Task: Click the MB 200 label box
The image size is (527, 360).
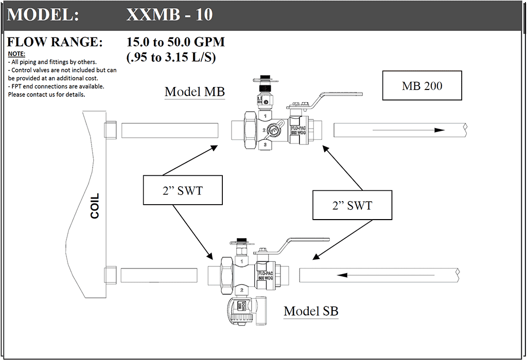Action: pyautogui.click(x=422, y=85)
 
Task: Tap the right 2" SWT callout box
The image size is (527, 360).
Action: pyautogui.click(x=352, y=205)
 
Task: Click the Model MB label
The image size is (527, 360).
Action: pyautogui.click(x=195, y=92)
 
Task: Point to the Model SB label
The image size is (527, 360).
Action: pyautogui.click(x=311, y=311)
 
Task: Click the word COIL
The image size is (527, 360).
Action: pyautogui.click(x=95, y=206)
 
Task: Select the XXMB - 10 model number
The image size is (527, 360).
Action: pyautogui.click(x=169, y=15)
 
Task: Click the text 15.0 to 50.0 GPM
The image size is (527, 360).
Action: pyautogui.click(x=175, y=42)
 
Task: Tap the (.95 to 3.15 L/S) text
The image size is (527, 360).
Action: pyautogui.click(x=171, y=57)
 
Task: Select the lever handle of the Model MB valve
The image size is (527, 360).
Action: pyautogui.click(x=340, y=96)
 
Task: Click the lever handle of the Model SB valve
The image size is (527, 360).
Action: pyautogui.click(x=306, y=240)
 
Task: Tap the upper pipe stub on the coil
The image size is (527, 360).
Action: pyautogui.click(x=111, y=130)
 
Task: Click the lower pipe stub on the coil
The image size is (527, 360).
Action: pyautogui.click(x=111, y=275)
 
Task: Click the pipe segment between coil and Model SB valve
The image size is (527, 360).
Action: pyautogui.click(x=159, y=276)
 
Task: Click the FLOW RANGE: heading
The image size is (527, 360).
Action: pyautogui.click(x=55, y=42)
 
